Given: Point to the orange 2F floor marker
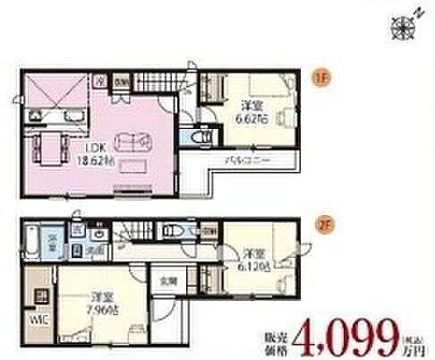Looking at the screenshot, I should [317, 215].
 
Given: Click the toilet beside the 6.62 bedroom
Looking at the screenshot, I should [201, 137].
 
